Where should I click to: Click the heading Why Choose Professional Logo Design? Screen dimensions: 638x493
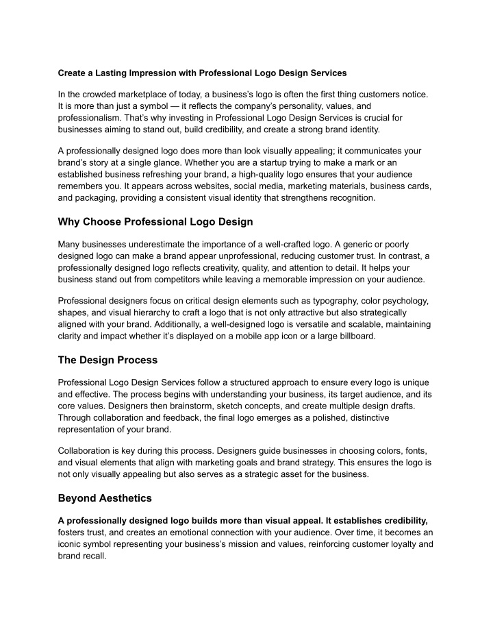point(155,221)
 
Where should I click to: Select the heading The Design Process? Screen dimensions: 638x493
point(108,360)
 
